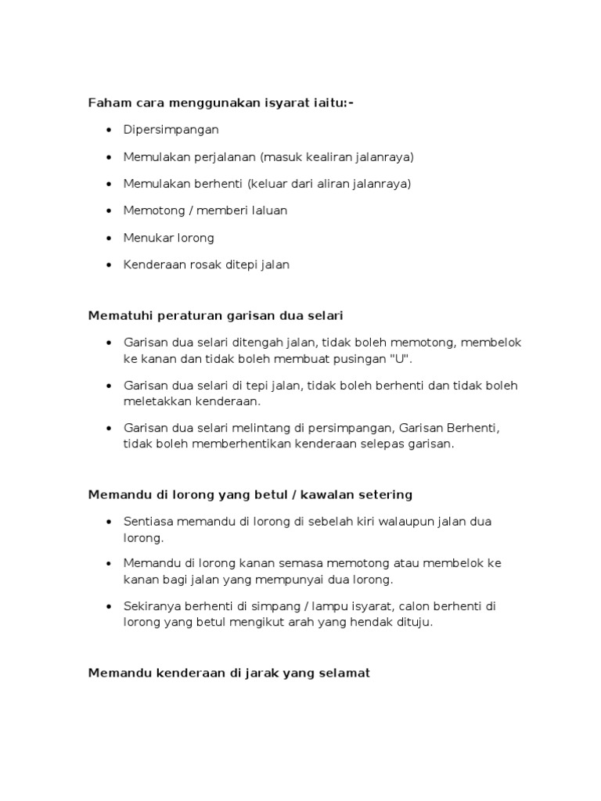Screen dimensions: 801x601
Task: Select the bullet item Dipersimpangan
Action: [171, 130]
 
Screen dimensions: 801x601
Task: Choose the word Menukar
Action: [146, 237]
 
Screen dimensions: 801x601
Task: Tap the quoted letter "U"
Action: [402, 358]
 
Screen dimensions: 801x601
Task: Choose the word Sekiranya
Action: [153, 607]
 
